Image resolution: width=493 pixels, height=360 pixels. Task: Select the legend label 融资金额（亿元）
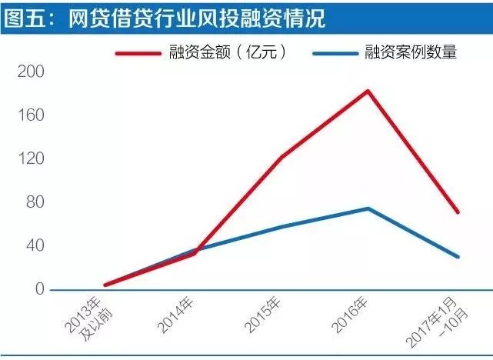pos(229,53)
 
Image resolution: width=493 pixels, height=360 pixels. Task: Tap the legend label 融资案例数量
pos(412,53)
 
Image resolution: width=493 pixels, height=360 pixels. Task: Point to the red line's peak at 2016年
pos(368,91)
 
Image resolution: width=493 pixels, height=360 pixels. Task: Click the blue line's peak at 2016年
pos(368,208)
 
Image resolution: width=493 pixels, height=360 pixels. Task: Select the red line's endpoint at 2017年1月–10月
pos(458,212)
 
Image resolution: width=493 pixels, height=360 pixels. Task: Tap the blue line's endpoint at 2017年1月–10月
pos(458,256)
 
